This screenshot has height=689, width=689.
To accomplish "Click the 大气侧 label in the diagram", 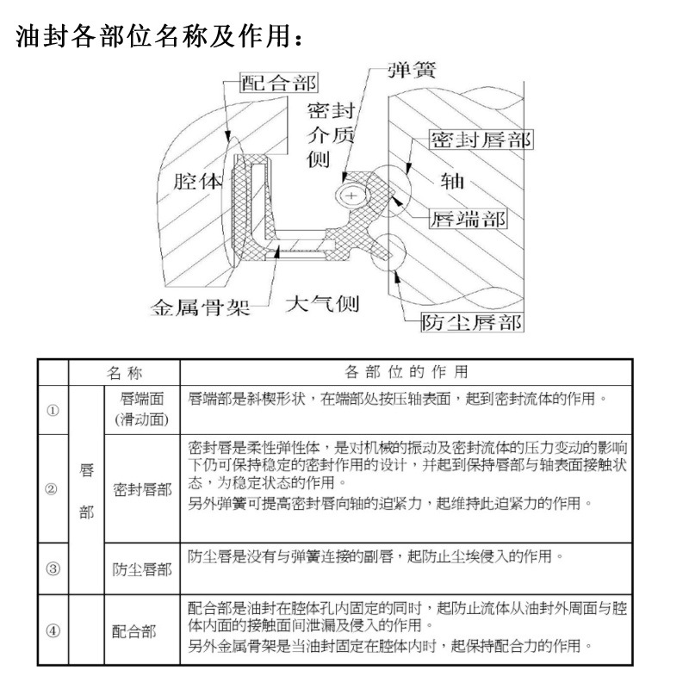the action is (321, 304).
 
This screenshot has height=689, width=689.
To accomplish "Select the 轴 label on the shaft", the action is (452, 180).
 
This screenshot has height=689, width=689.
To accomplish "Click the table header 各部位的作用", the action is (407, 372).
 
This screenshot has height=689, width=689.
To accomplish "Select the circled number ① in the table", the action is (53, 409).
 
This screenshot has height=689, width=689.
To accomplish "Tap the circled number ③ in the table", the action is (53, 568).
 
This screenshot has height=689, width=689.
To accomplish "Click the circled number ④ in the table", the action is (53, 630).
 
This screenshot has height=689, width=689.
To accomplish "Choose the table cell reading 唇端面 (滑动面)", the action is (141, 409).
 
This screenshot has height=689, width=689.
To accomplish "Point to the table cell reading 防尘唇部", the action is (141, 568).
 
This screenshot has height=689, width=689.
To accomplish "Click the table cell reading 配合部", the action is (135, 630).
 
